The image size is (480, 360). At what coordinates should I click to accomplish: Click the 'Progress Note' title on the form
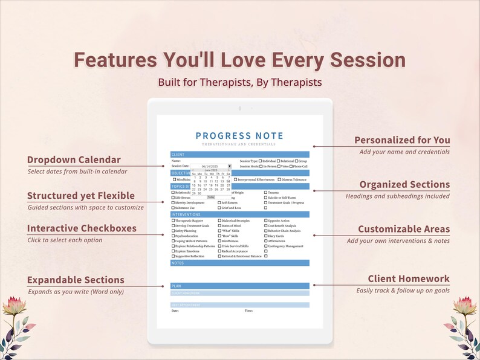pyautogui.click(x=239, y=136)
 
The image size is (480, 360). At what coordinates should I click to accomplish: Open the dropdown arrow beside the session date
pyautogui.click(x=229, y=166)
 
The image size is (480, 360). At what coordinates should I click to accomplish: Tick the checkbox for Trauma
pyautogui.click(x=266, y=193)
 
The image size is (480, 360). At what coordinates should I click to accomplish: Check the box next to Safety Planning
pyautogui.click(x=173, y=231)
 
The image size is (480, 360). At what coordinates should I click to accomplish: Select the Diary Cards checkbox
pyautogui.click(x=266, y=236)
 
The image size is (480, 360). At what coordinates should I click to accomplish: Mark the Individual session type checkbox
pyautogui.click(x=260, y=161)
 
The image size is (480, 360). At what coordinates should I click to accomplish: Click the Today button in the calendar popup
pyautogui.click(x=211, y=197)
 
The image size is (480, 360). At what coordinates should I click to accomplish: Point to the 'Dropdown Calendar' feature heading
pyautogui.click(x=74, y=160)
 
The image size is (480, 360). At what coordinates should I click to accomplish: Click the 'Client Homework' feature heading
pyautogui.click(x=409, y=278)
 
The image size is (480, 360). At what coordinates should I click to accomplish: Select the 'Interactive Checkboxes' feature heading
pyautogui.click(x=82, y=228)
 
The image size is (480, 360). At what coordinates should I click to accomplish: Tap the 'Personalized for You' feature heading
pyautogui.click(x=402, y=140)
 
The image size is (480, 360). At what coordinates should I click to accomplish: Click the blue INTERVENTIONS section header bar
pyautogui.click(x=239, y=214)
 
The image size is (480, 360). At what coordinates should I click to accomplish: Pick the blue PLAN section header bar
pyautogui.click(x=239, y=286)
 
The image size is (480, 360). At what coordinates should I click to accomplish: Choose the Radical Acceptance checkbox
pyautogui.click(x=219, y=251)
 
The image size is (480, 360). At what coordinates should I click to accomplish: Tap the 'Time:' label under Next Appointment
pyautogui.click(x=248, y=310)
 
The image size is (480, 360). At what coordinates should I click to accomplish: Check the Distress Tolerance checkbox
pyautogui.click(x=279, y=179)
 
